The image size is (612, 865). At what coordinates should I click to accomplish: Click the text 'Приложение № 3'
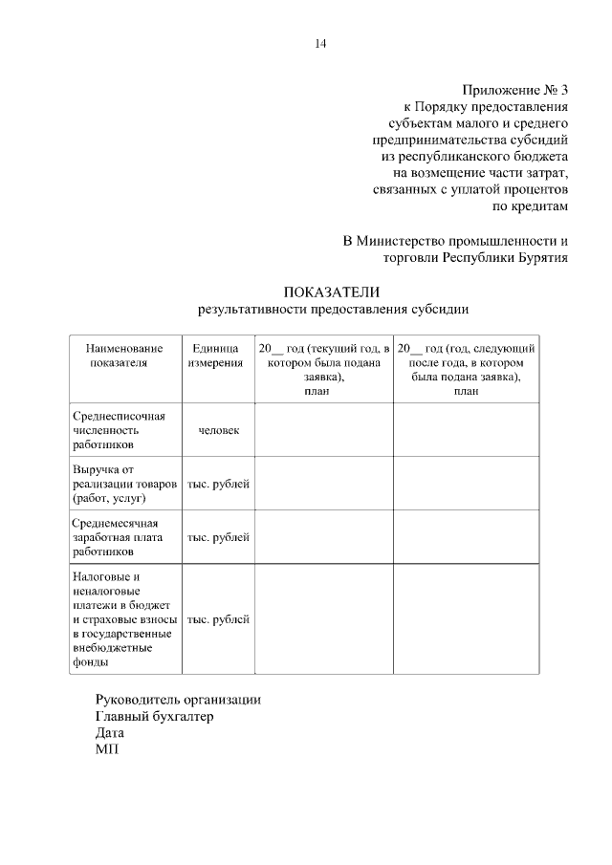coord(514,90)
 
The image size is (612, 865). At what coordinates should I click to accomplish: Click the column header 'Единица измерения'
coord(218,357)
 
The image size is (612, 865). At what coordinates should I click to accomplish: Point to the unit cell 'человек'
coord(218,430)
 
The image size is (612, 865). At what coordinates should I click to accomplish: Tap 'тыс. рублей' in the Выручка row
coord(218,485)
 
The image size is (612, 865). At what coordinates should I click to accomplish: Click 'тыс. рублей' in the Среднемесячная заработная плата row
coord(218,537)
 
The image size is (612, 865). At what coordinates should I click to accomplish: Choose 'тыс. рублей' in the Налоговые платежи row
coord(218,619)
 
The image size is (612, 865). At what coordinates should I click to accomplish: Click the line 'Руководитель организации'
coord(178,699)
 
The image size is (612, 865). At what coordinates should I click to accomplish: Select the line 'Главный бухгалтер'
coord(154,716)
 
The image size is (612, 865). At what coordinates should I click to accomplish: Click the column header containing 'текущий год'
coord(324,369)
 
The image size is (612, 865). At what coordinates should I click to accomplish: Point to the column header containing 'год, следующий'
coord(466,369)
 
